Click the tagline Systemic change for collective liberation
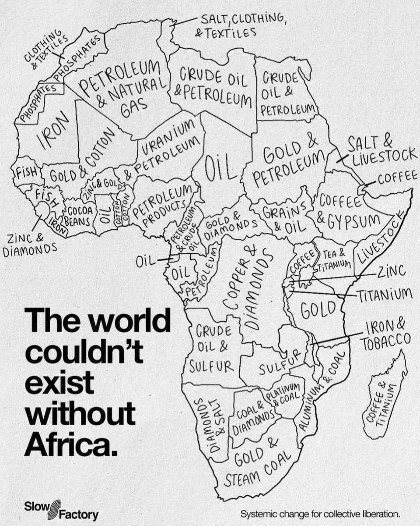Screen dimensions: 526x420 (x=321, y=513)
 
